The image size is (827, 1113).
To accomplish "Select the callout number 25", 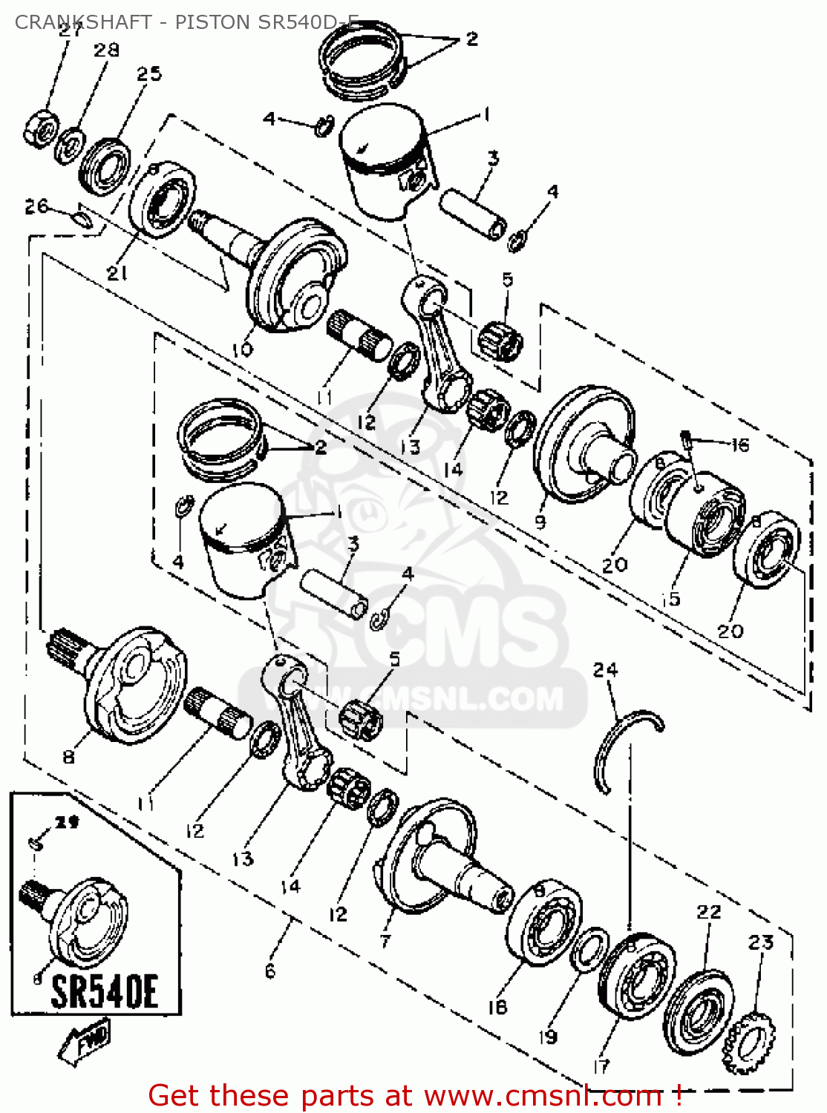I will (148, 73).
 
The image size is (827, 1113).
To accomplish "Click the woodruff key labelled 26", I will (82, 218).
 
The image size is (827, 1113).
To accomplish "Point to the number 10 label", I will (243, 349).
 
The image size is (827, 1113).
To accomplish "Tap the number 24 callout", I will (605, 670).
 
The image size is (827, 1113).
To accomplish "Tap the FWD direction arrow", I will (85, 1042).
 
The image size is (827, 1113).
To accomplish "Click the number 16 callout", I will (739, 445).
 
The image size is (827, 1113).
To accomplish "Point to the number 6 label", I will (270, 971).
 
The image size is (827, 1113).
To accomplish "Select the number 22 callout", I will (708, 911).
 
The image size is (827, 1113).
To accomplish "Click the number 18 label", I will (497, 1006).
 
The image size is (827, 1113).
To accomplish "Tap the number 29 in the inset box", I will (68, 822).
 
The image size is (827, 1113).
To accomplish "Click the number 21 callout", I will (117, 273).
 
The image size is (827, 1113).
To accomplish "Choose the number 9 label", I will (540, 522).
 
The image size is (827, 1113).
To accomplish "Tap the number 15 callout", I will (672, 598).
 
